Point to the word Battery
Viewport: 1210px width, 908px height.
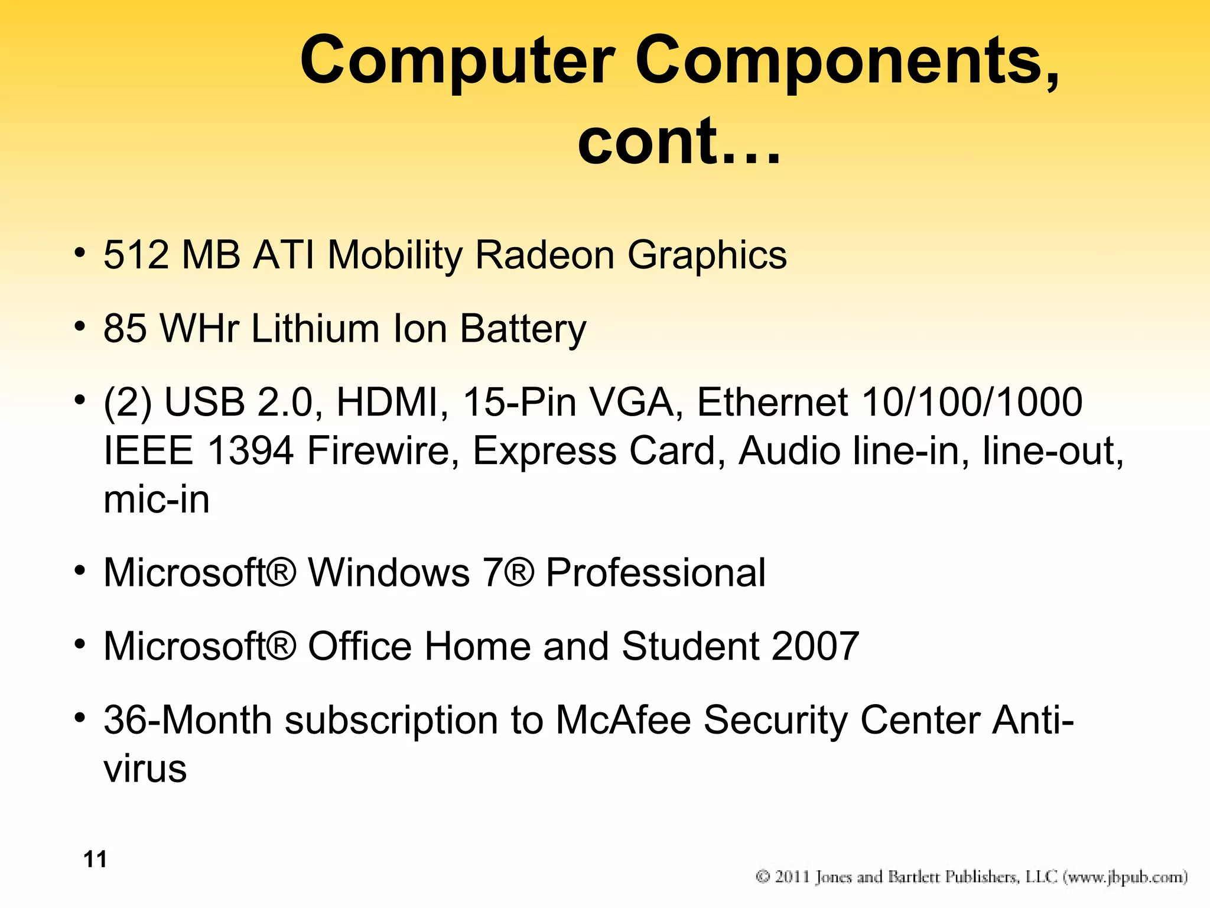coord(523,329)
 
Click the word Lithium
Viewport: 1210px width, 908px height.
coord(315,329)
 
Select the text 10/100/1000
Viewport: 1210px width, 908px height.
coord(972,403)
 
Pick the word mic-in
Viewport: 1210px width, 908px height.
coord(157,500)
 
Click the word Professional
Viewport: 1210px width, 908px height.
coord(655,573)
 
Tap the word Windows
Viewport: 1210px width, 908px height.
coord(389,573)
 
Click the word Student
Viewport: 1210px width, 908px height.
coord(690,646)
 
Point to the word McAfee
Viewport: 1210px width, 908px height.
coord(623,720)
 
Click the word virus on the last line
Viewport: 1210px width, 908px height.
coord(145,769)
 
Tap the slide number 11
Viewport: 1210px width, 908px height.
coord(95,860)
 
